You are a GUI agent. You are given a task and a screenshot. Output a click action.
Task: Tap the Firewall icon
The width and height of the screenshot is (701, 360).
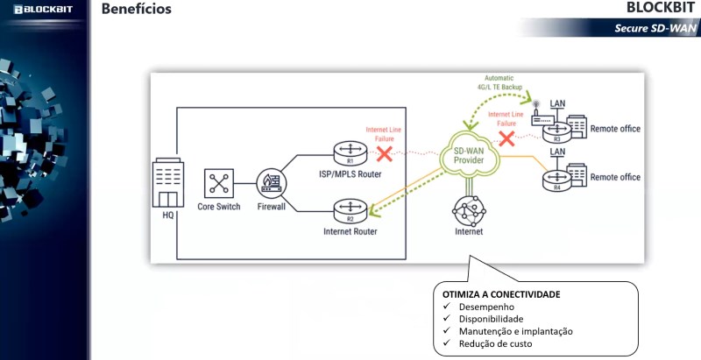(270, 184)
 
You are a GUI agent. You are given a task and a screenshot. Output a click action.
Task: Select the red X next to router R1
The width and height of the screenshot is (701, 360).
(383, 153)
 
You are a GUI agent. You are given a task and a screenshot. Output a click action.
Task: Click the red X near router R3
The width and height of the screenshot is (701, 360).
(506, 138)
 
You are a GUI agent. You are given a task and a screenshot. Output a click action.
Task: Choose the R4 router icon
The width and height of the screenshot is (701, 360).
(555, 180)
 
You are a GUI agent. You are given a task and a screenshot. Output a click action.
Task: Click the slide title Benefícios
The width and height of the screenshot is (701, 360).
(137, 10)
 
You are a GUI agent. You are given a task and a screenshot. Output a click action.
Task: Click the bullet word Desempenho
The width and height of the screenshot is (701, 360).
(486, 307)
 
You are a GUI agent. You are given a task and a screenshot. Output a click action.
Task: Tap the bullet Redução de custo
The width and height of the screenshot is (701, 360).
(495, 343)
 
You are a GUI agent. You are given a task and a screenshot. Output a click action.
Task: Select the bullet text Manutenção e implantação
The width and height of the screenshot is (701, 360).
(515, 331)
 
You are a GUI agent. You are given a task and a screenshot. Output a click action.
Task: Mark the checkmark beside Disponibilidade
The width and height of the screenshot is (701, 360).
(447, 320)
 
